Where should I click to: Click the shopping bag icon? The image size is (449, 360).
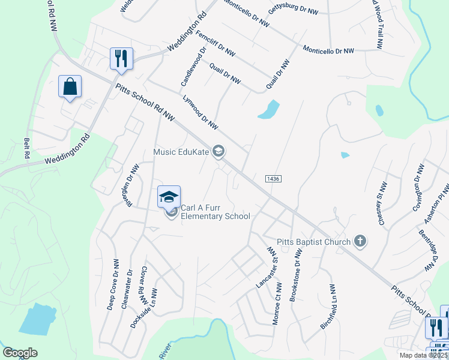(70, 86)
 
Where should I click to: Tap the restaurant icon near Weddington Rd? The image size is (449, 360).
(121, 58)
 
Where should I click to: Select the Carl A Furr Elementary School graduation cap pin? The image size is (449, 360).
(169, 197)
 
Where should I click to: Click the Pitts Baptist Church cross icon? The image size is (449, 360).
(360, 242)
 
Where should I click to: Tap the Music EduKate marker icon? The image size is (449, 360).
(219, 152)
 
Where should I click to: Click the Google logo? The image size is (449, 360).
(20, 353)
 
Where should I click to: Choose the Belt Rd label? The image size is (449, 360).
(26, 148)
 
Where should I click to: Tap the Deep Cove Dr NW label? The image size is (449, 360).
(113, 285)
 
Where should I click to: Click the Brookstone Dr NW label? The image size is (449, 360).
(295, 276)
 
